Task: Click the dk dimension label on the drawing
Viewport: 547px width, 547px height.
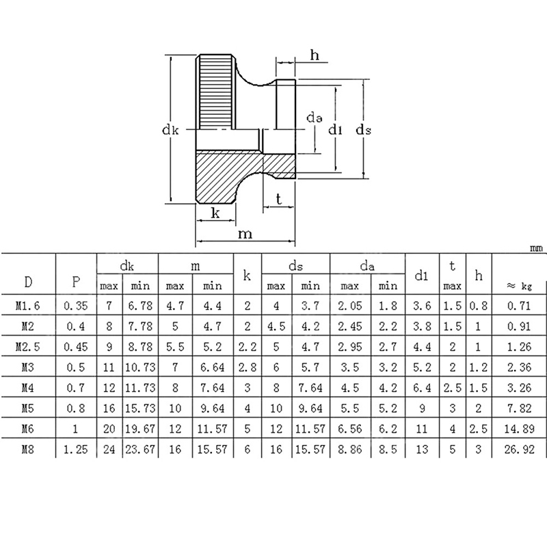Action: tap(170, 130)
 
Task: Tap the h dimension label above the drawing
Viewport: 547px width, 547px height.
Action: tap(315, 55)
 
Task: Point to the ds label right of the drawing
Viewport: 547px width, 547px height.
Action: tap(363, 130)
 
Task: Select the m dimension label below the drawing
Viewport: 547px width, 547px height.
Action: tap(245, 234)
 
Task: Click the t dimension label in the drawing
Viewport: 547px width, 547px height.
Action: tap(278, 199)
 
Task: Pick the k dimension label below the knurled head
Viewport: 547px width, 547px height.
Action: tap(215, 213)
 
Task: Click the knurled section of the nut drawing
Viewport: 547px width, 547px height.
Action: tap(216, 92)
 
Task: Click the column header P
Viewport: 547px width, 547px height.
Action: tap(76, 281)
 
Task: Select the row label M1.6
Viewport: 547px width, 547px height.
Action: tap(28, 306)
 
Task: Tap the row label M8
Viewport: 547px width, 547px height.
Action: tap(28, 449)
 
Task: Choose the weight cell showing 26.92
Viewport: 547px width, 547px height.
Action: tap(519, 449)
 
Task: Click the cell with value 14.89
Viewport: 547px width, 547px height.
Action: tap(519, 429)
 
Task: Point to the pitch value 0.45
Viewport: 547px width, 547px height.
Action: tap(76, 347)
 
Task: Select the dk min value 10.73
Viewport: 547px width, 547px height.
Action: tap(140, 367)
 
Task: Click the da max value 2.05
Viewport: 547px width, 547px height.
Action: tap(350, 306)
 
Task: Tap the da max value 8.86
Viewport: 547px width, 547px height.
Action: tap(350, 449)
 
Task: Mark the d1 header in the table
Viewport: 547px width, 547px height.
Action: tap(421, 276)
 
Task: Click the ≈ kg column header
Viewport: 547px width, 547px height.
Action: tap(519, 286)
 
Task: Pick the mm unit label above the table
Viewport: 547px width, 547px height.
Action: tap(536, 248)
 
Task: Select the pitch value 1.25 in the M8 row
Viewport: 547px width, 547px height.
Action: tap(76, 449)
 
